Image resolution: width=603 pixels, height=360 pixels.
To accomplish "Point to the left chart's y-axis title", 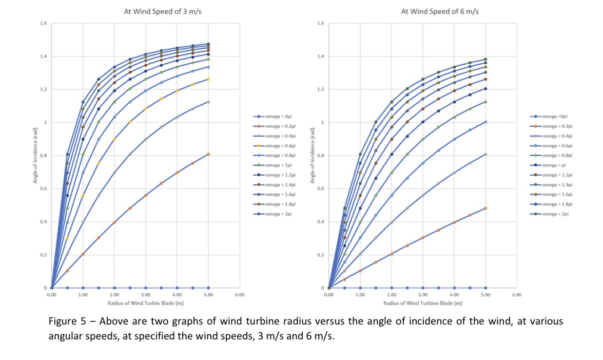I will [x=35, y=156].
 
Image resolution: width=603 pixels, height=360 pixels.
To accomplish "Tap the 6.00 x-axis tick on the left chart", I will [x=240, y=295].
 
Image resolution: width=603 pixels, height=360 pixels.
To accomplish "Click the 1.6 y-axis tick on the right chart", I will [x=321, y=24].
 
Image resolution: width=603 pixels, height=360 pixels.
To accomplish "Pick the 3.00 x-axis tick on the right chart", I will [x=422, y=295].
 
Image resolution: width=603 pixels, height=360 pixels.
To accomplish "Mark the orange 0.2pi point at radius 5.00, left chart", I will [x=208, y=154].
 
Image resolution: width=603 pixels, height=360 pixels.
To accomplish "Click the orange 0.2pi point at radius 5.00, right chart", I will [x=485, y=208].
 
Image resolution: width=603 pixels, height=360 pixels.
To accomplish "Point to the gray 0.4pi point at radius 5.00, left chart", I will [x=208, y=102].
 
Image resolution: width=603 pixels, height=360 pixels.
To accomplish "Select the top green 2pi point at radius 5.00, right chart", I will [x=485, y=59].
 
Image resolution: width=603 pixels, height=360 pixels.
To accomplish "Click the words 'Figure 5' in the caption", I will [x=66, y=321].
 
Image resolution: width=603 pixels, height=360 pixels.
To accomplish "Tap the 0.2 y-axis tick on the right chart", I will [x=321, y=255].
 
